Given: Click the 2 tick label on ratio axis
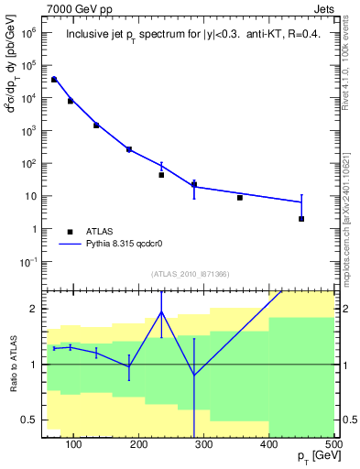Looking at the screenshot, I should coord(34,309).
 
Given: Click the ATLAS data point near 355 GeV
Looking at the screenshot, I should coord(240,198).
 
